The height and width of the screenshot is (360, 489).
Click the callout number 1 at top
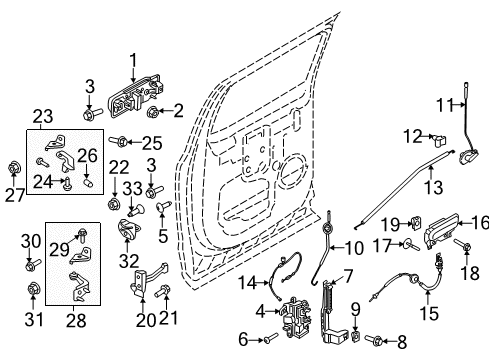[x=134, y=59]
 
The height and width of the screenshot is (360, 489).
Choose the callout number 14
[x=247, y=282]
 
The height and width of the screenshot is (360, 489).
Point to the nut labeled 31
[x=31, y=293]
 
